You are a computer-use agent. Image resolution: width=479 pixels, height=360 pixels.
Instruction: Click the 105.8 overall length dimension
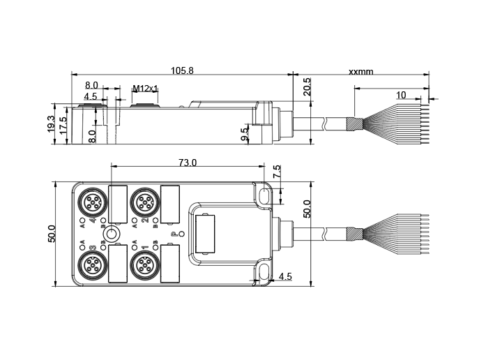(x=182, y=70)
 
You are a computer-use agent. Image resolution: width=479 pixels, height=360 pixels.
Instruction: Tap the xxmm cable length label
(x=360, y=71)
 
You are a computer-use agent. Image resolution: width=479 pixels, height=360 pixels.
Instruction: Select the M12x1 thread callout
(x=146, y=89)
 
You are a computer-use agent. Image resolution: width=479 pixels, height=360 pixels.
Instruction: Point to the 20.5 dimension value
(x=307, y=87)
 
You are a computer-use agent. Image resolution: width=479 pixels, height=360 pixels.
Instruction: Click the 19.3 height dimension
(x=51, y=124)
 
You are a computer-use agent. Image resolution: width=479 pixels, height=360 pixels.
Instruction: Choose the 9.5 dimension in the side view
(x=245, y=134)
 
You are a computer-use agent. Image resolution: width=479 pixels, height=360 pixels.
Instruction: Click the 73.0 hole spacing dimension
(x=187, y=163)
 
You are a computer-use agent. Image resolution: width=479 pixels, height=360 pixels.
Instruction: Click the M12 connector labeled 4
(x=92, y=203)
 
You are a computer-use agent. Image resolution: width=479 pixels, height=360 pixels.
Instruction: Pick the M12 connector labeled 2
(x=144, y=203)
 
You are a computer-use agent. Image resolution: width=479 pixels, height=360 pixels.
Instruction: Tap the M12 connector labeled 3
(x=92, y=264)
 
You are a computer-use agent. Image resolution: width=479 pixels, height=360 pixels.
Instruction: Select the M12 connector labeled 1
(x=144, y=264)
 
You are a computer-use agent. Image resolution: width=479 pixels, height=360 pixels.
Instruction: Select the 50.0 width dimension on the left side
(x=51, y=234)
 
